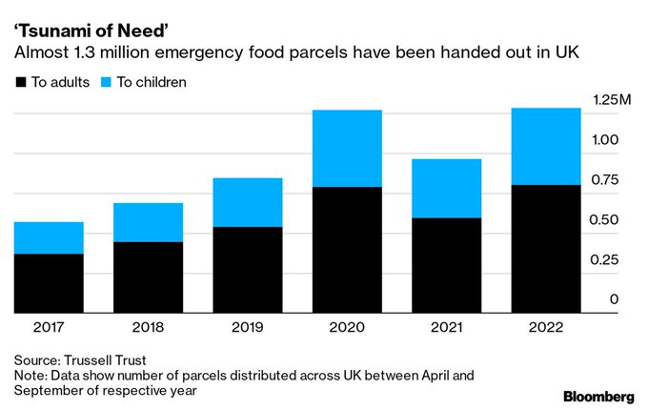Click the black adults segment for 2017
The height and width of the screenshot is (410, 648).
(49, 283)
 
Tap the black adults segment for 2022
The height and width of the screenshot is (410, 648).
(546, 249)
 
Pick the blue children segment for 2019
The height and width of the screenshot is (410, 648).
(247, 202)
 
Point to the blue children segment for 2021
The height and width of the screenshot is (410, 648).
(446, 189)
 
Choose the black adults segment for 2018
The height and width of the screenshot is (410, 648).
(148, 277)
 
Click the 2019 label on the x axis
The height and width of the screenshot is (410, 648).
(247, 327)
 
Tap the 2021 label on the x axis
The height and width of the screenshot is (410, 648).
(446, 327)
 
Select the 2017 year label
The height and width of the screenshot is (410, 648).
(49, 327)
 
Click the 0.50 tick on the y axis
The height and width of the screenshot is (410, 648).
(607, 219)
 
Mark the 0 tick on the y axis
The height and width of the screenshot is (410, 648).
(614, 299)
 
